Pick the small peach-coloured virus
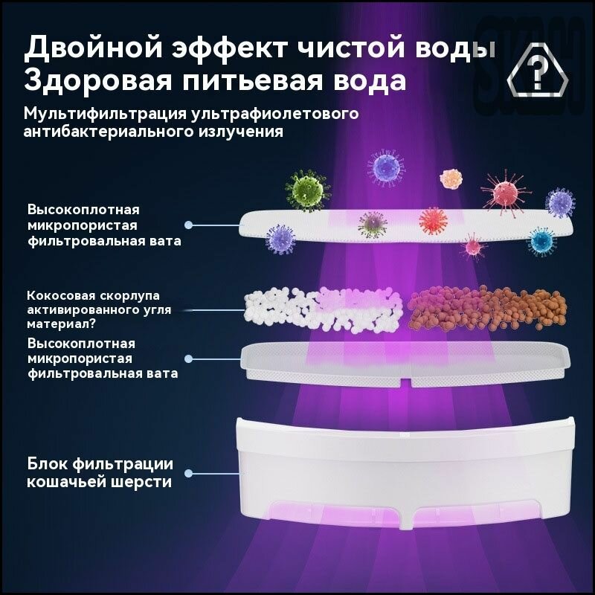451,178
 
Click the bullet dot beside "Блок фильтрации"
190,473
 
